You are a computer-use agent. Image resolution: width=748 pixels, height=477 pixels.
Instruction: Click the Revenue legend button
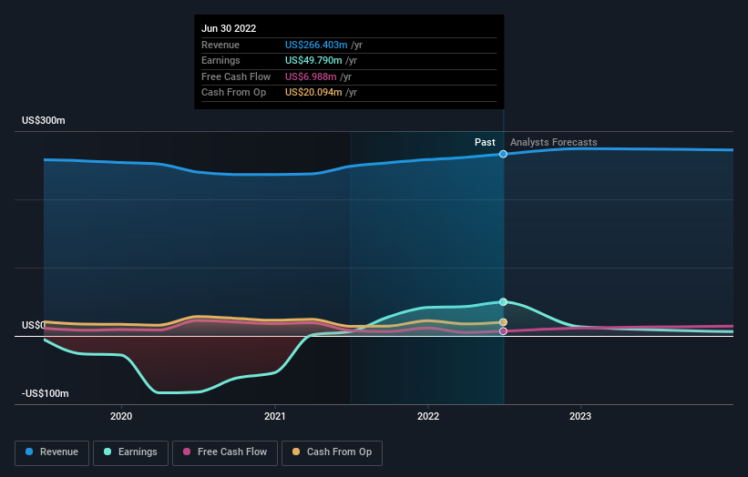pyautogui.click(x=52, y=452)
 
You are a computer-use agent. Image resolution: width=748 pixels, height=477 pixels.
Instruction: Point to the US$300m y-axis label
pyautogui.click(x=44, y=121)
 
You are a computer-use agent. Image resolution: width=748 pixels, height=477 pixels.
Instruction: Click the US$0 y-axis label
pyautogui.click(x=34, y=325)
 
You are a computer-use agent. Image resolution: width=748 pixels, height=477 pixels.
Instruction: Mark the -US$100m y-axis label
pyautogui.click(x=46, y=393)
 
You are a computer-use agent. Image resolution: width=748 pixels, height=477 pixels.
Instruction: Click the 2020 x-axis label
pyautogui.click(x=121, y=416)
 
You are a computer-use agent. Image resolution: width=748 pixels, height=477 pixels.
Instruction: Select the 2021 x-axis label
pyautogui.click(x=274, y=416)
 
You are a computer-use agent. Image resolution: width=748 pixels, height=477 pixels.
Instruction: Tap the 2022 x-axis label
pyautogui.click(x=427, y=416)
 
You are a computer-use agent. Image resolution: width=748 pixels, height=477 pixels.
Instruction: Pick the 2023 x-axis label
pyautogui.click(x=580, y=416)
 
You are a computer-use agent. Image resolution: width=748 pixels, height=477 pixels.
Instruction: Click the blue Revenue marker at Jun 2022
pyautogui.click(x=503, y=154)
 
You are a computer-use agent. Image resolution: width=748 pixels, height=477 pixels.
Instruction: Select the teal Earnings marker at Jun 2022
pyautogui.click(x=503, y=301)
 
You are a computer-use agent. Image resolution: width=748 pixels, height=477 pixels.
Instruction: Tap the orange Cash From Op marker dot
pyautogui.click(x=503, y=322)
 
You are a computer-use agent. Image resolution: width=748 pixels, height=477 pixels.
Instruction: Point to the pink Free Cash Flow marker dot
pyautogui.click(x=503, y=331)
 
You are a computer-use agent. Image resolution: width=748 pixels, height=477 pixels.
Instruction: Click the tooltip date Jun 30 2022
pyautogui.click(x=229, y=28)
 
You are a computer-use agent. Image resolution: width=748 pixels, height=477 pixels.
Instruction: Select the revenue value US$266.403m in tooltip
pyautogui.click(x=316, y=45)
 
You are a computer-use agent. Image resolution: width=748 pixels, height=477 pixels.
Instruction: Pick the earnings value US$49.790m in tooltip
pyautogui.click(x=313, y=61)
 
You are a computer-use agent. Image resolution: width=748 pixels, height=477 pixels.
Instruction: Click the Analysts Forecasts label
pyautogui.click(x=554, y=142)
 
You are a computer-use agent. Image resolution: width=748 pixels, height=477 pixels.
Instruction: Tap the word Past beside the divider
pyautogui.click(x=485, y=142)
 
